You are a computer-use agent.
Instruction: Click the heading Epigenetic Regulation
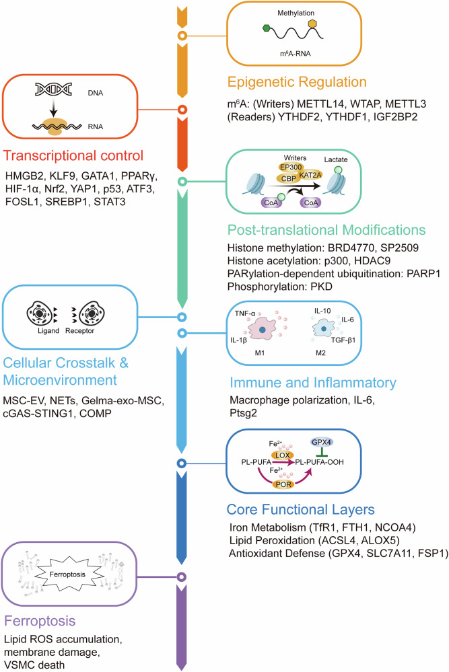(297, 82)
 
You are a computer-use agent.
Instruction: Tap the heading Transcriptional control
(73, 155)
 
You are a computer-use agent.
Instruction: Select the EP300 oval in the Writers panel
(291, 167)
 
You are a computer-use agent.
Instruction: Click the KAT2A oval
(310, 175)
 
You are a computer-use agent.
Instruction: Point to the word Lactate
(336, 159)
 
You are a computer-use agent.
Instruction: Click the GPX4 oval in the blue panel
(322, 442)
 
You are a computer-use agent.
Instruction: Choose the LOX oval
(282, 455)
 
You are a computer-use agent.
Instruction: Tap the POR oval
(283, 484)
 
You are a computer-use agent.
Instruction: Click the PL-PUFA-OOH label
(320, 462)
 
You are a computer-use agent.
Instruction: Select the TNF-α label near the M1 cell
(245, 313)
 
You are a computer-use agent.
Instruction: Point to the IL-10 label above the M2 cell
(322, 311)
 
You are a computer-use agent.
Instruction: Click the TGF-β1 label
(343, 340)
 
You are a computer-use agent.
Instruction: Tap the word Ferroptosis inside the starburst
(67, 574)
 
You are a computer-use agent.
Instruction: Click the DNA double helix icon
(53, 89)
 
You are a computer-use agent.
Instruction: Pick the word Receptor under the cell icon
(79, 331)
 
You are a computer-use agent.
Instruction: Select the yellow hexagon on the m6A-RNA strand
(312, 23)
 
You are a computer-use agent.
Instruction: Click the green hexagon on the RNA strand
(267, 29)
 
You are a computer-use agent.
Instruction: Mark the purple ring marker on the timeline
(182, 577)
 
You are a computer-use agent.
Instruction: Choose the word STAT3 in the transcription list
(110, 201)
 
